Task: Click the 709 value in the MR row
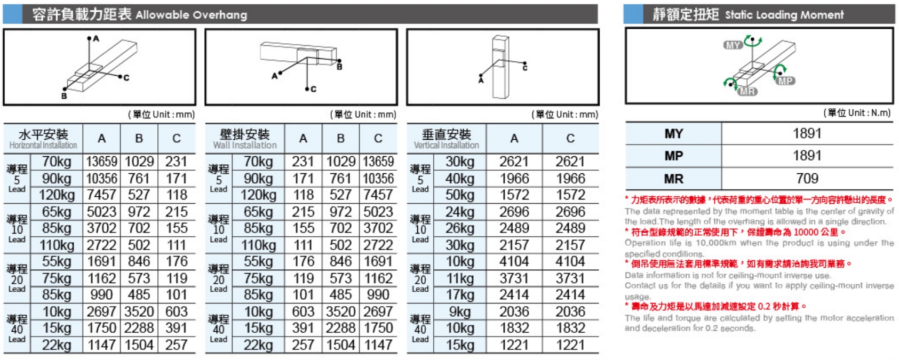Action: click(807, 179)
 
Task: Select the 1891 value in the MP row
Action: click(807, 156)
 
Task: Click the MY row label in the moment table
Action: click(673, 134)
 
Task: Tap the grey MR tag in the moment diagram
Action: click(747, 92)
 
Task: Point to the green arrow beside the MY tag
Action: click(752, 40)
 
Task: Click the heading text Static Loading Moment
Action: click(784, 15)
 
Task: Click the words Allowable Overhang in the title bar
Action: click(191, 15)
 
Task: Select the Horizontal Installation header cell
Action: click(43, 139)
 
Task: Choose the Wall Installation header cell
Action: click(245, 139)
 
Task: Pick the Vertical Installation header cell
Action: click(447, 139)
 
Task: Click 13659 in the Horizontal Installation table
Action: click(101, 162)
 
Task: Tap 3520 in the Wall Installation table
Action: click(340, 311)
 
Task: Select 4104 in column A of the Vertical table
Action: click(514, 261)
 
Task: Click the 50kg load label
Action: click(460, 195)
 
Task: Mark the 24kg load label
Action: click(460, 212)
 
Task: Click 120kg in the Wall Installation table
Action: click(258, 195)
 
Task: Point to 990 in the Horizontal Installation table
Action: click(101, 294)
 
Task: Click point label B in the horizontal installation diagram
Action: click(64, 96)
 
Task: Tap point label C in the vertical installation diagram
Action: click(525, 68)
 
